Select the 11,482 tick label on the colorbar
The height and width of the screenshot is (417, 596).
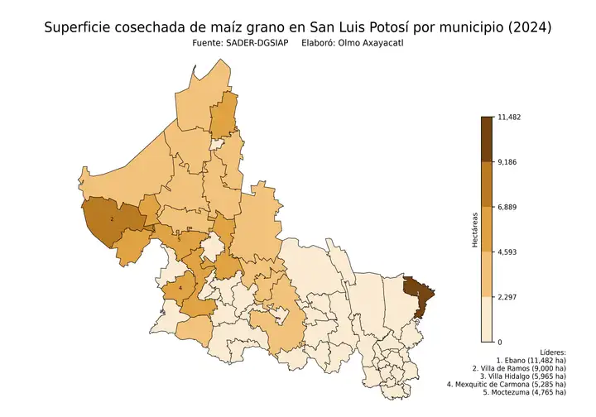coord(508,117)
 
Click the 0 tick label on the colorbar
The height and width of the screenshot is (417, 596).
coord(498,342)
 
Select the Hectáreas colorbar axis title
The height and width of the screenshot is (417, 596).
coord(475,229)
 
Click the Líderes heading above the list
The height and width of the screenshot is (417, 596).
coord(551,352)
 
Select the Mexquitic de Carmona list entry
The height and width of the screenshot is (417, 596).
coord(506,384)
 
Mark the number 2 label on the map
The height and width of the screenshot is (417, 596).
coord(112,219)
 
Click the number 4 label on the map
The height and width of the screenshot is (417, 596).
coord(180,288)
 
